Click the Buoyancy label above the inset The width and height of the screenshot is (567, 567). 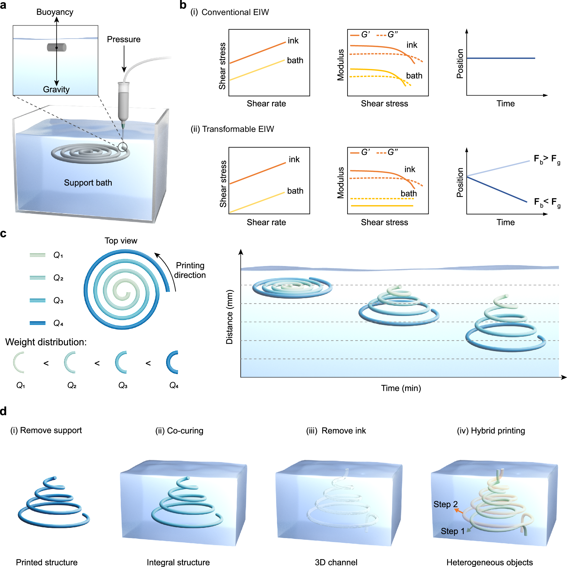pos(55,12)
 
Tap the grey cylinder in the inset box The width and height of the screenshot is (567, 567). pos(57,47)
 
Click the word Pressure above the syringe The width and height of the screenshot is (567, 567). pos(124,39)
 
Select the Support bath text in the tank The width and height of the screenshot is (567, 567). pos(88,183)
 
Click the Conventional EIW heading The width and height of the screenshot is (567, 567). pos(230,12)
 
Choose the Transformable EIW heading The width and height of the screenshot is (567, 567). pos(232,129)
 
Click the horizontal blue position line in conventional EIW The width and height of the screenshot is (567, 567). pos(501,58)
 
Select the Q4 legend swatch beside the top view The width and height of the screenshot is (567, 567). pos(38,323)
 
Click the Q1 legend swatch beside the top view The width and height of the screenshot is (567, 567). pos(38,255)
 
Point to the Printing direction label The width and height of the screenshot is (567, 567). pos(190,270)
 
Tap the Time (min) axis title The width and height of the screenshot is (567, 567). pos(401,388)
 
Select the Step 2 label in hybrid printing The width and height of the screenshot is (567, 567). pos(445,504)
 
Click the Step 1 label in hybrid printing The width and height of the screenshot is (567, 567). pos(452,531)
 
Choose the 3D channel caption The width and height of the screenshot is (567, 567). pos(336,562)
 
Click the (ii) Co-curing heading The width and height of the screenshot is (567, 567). pos(179,431)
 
